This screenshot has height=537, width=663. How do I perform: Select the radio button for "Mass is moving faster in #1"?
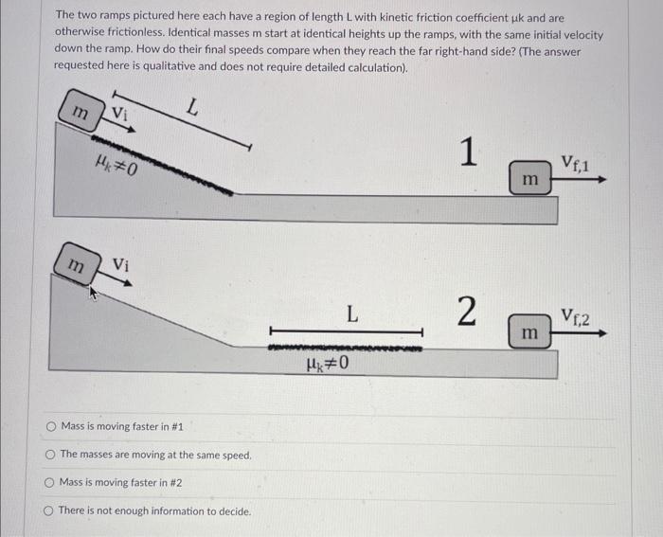[x=52, y=427]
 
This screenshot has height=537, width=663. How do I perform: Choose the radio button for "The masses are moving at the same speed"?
[x=52, y=455]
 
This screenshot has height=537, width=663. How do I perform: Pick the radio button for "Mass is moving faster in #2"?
[x=52, y=483]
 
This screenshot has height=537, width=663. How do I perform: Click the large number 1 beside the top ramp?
[x=466, y=152]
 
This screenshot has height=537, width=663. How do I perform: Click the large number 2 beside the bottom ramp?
[x=466, y=312]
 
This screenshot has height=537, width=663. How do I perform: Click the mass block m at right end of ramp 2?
[x=531, y=333]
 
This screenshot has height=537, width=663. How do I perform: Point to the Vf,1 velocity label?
[x=575, y=163]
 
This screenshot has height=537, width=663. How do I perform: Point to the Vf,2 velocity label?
[x=575, y=316]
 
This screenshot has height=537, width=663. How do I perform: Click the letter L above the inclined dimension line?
[x=192, y=108]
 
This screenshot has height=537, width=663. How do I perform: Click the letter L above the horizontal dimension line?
[x=351, y=313]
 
